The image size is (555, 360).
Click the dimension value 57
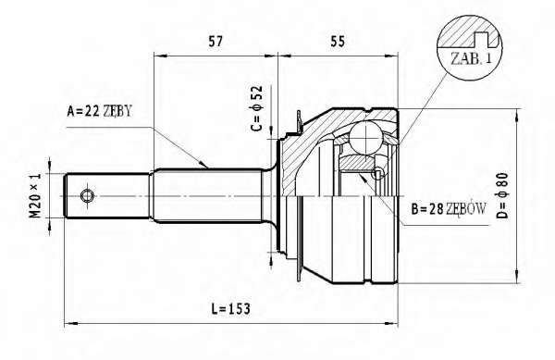[216, 42]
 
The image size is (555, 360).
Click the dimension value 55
[338, 42]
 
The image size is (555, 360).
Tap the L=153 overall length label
[230, 309]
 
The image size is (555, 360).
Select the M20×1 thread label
[35, 195]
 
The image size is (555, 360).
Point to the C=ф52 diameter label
[256, 108]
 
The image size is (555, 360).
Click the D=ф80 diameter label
[502, 195]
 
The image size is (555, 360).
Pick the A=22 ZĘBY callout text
[99, 111]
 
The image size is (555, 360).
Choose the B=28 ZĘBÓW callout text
[449, 209]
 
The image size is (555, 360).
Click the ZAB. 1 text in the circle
[471, 58]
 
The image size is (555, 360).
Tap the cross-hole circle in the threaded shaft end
[87, 195]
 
